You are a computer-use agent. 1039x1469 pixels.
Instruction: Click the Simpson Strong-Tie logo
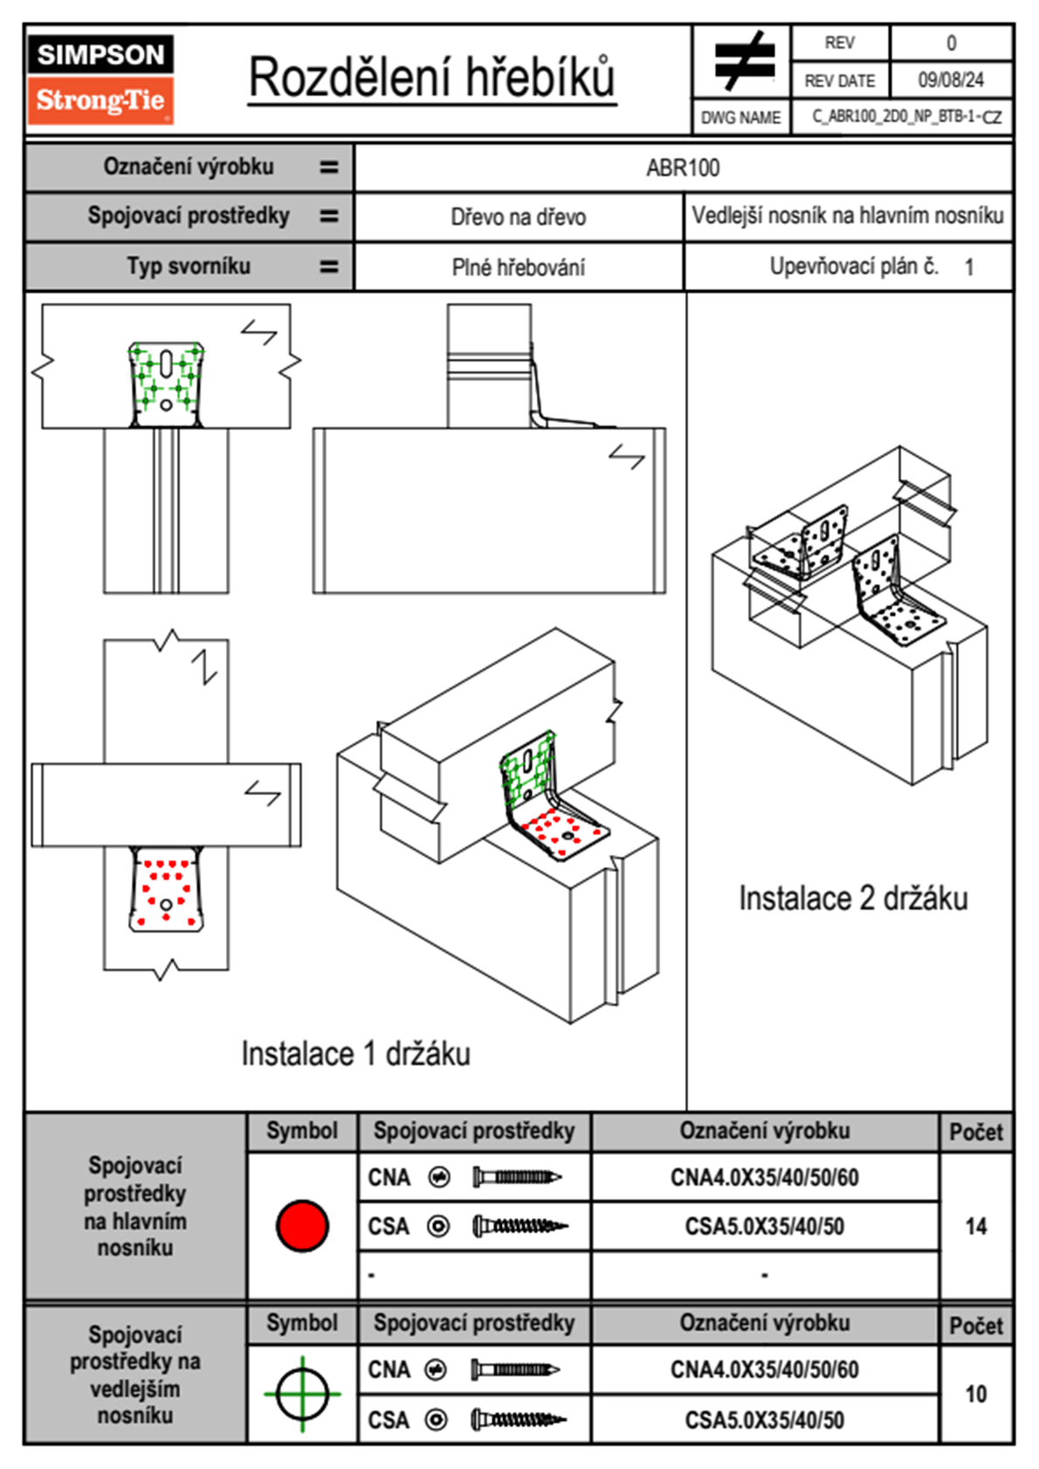[100, 79]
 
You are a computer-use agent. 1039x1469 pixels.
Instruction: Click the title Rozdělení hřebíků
[432, 78]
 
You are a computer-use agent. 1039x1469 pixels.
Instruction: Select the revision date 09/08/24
[950, 80]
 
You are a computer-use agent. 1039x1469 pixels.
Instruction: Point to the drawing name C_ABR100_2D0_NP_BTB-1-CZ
[906, 117]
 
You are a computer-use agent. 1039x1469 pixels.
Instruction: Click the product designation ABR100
[683, 168]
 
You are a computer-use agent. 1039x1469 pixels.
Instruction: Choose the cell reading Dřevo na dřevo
[518, 217]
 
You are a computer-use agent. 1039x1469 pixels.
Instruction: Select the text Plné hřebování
[518, 267]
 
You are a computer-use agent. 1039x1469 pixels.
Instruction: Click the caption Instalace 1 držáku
[355, 1053]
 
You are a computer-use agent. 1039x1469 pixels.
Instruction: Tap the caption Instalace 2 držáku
[853, 898]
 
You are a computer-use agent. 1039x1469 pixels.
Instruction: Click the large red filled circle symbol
[302, 1225]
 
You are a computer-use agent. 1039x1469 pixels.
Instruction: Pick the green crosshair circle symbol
[302, 1394]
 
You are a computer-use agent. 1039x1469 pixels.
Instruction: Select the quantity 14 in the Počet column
[975, 1226]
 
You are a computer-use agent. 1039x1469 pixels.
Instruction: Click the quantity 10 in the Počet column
[975, 1394]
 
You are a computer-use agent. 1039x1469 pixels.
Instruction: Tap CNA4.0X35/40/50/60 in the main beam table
[764, 1177]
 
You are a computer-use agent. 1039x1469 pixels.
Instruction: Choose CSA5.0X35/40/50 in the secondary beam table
[764, 1420]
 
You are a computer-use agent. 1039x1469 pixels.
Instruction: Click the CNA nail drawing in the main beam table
[516, 1177]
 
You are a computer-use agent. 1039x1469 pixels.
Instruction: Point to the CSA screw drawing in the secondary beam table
[518, 1420]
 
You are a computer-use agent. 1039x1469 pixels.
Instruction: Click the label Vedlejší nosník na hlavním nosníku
[847, 216]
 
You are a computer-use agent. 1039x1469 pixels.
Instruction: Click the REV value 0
[951, 43]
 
